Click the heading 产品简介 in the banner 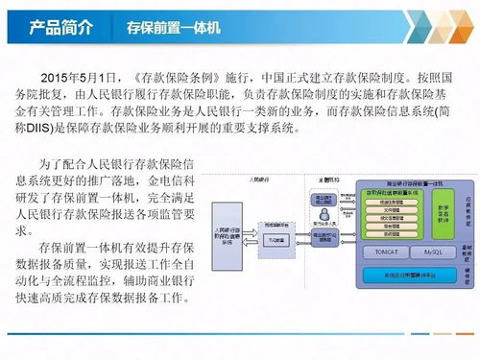pos(60,26)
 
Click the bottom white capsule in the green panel pos(390,233)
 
